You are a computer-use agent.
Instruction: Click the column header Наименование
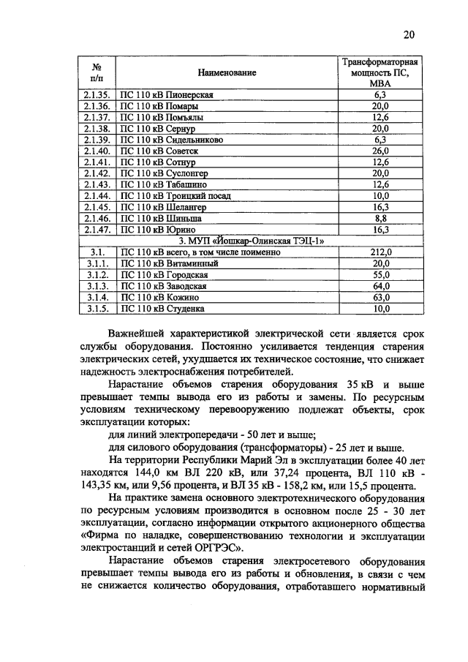227,73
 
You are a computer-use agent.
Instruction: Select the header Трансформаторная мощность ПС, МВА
380,73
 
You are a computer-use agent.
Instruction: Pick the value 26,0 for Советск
380,151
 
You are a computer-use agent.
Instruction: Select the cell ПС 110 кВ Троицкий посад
174,195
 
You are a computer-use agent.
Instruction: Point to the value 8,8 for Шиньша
380,217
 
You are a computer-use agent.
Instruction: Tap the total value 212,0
380,252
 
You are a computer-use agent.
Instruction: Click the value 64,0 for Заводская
380,285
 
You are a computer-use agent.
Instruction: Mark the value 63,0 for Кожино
380,297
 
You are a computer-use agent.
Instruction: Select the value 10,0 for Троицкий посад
380,195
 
